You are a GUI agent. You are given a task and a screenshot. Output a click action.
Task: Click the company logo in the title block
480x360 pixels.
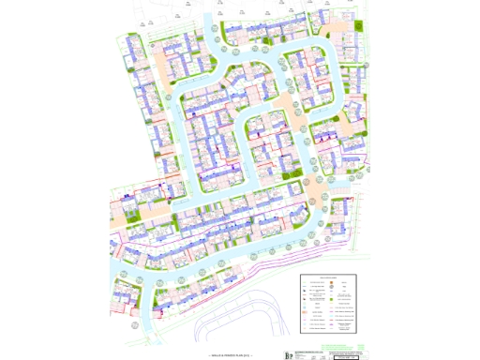pyautogui.click(x=288, y=354)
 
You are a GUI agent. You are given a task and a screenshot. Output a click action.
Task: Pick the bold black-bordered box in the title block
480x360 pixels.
pyautogui.click(x=348, y=356)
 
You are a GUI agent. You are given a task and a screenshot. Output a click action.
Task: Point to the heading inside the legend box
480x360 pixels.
pyautogui.click(x=328, y=278)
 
